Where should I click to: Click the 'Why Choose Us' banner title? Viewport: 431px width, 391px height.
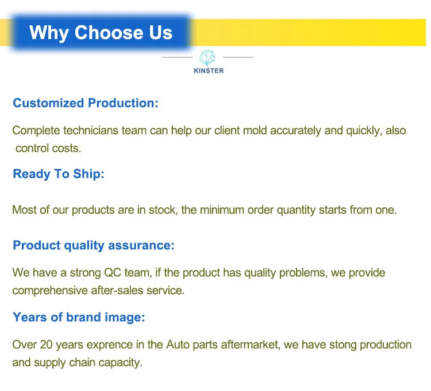click(101, 33)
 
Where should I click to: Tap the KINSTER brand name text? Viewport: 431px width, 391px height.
click(209, 71)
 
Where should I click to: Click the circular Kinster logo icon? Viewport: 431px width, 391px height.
click(207, 58)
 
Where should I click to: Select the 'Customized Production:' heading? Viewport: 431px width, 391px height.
click(86, 103)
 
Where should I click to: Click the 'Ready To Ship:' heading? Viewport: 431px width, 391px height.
click(59, 174)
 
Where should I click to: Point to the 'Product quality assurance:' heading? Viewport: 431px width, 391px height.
click(94, 246)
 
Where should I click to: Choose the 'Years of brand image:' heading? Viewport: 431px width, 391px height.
click(79, 317)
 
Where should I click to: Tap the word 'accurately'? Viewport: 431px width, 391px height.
click(295, 130)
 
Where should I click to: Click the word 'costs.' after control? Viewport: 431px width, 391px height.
click(67, 149)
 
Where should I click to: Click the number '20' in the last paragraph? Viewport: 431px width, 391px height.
click(46, 345)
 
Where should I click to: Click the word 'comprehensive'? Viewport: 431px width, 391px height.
click(50, 291)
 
